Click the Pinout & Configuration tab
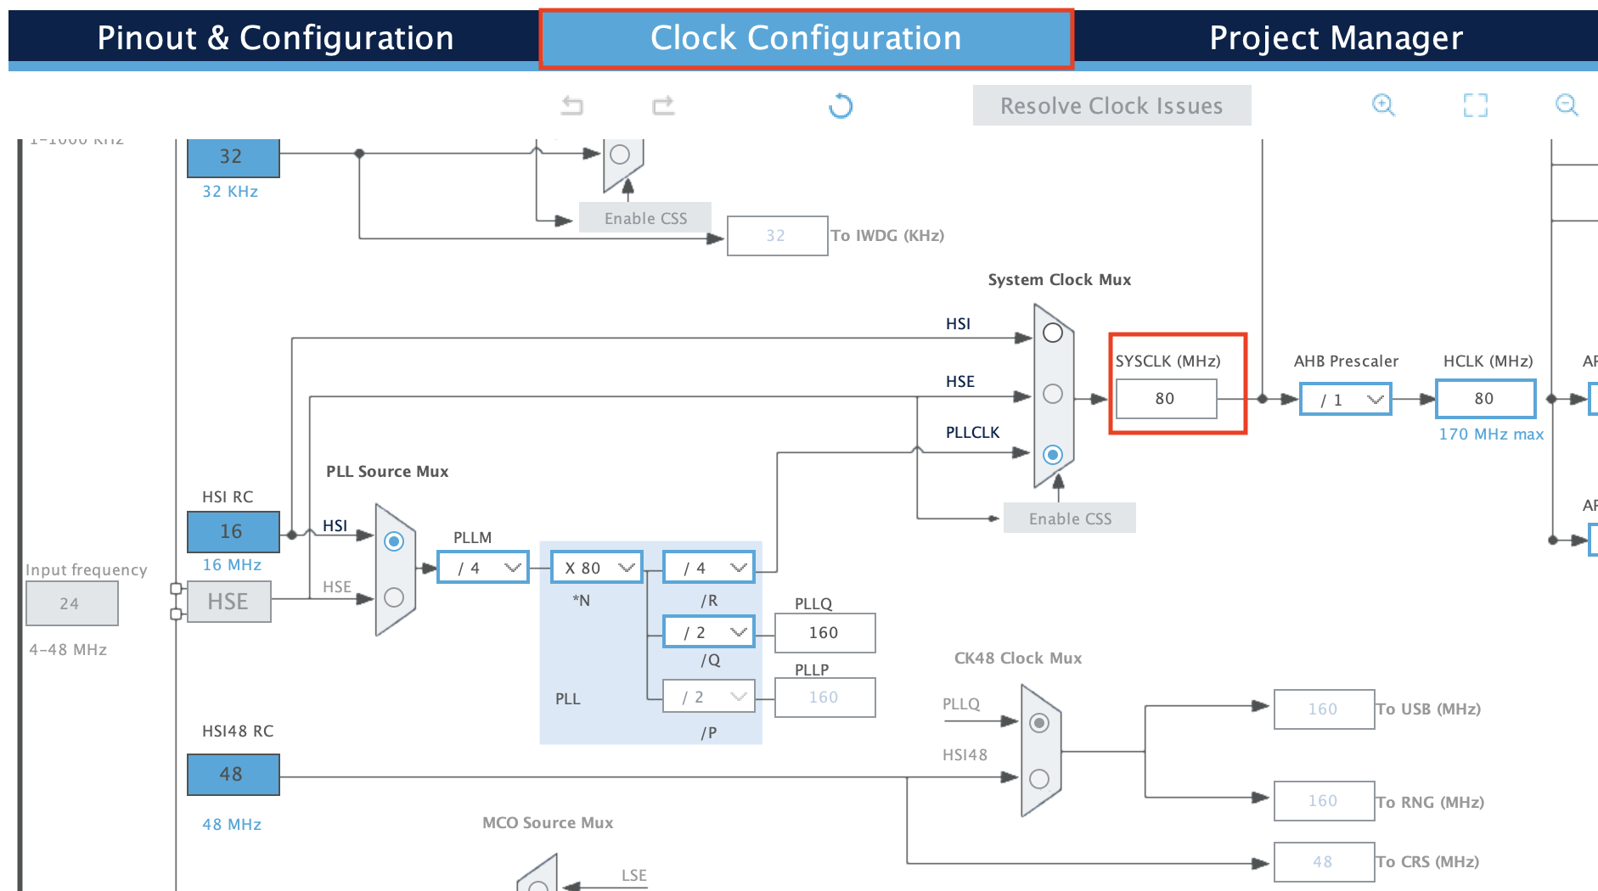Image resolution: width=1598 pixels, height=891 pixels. [275, 38]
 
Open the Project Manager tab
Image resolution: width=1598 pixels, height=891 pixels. [1336, 38]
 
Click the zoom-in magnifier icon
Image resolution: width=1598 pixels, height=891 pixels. [1383, 105]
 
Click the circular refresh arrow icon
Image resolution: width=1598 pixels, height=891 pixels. [841, 106]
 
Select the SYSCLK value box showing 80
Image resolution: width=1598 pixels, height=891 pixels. [1166, 399]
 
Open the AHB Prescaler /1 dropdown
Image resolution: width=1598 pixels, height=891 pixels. [1346, 400]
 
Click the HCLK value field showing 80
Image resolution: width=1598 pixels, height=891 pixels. [1485, 399]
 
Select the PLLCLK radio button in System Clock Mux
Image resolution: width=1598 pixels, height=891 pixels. [1053, 455]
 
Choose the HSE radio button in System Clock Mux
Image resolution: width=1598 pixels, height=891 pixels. [1053, 394]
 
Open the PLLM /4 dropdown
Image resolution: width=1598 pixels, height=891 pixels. [483, 568]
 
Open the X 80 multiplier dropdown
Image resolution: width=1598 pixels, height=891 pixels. [597, 568]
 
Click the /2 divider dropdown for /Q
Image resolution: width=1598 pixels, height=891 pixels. [709, 632]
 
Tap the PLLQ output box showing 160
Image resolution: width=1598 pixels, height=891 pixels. [824, 633]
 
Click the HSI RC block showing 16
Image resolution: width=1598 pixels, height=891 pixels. [233, 532]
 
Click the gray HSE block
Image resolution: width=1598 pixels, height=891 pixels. [228, 602]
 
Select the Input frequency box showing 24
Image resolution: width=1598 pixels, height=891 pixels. [71, 604]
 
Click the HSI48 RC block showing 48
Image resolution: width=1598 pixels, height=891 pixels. [233, 775]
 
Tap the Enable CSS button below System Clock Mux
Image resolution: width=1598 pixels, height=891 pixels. [1069, 518]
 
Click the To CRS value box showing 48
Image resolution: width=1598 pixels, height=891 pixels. [1323, 862]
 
